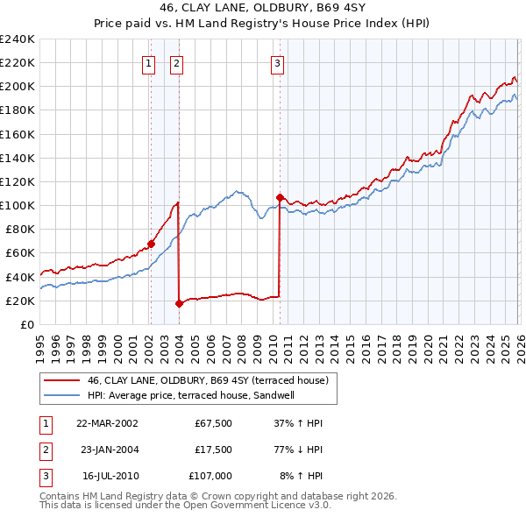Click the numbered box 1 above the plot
point(149,62)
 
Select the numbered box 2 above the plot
point(176,62)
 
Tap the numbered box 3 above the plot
point(277,62)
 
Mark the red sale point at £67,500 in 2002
point(151,244)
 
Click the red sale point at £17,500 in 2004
point(179,304)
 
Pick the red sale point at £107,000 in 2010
point(280,197)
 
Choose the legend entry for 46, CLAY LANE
point(208,380)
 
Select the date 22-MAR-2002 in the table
point(107,423)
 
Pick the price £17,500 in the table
point(213,450)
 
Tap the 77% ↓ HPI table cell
point(297,450)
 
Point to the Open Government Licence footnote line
point(185,506)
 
